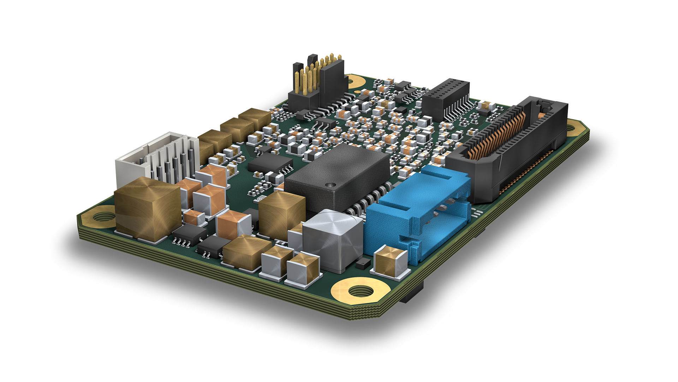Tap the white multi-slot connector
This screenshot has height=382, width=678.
[x=155, y=159]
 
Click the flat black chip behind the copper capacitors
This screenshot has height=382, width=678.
[x=270, y=164]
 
